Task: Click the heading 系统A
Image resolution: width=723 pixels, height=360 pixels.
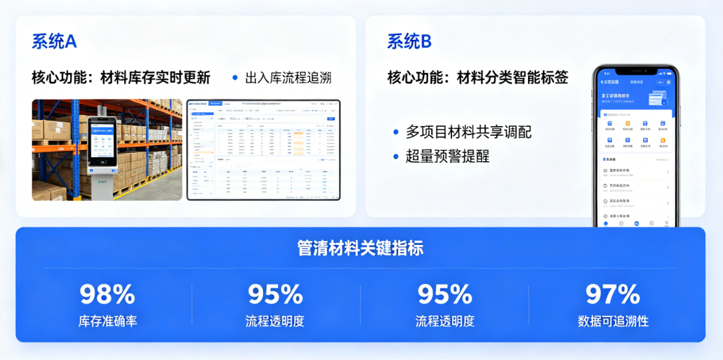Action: (55, 42)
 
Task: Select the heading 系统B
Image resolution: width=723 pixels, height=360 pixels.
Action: (409, 42)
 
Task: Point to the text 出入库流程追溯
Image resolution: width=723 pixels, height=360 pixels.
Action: (288, 78)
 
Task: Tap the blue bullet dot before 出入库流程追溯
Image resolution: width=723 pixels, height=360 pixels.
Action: (235, 78)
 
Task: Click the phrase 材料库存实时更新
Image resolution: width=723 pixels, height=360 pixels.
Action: (155, 78)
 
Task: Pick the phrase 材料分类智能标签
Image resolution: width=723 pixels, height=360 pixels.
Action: (513, 78)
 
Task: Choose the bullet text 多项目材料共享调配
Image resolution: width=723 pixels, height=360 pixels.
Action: (468, 132)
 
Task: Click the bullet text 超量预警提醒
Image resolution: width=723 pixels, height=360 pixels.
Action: (448, 156)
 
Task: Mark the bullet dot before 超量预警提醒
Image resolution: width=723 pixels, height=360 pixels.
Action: (396, 156)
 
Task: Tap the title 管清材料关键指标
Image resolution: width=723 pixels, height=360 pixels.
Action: (361, 248)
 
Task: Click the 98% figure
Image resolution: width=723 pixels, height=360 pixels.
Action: (107, 294)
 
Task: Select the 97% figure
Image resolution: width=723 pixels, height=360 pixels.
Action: (613, 294)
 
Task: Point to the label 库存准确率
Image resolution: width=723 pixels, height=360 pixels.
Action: (107, 321)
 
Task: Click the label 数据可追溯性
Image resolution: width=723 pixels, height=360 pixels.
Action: (613, 321)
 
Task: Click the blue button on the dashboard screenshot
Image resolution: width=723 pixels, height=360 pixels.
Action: (331, 119)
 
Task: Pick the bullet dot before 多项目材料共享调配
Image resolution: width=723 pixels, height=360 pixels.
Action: (396, 132)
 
